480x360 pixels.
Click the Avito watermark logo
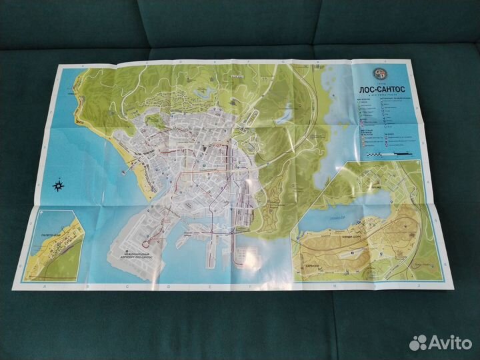pyautogui.click(x=441, y=343)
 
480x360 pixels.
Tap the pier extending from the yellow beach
pyautogui.click(x=124, y=171)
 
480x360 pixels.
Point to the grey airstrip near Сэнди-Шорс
pyautogui.click(x=347, y=255)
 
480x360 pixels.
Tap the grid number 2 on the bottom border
pyautogui.click(x=417, y=285)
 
